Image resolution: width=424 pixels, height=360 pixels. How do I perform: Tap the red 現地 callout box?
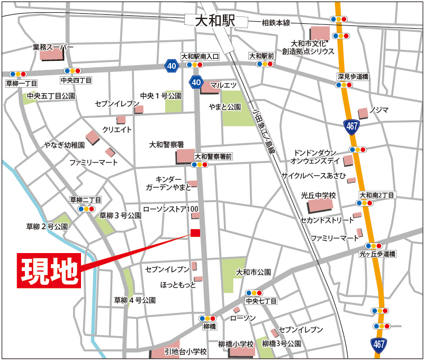coord(50,271)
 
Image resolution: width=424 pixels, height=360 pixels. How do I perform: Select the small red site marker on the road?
coord(195,233)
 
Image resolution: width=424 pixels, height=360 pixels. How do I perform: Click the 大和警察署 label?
coord(166,144)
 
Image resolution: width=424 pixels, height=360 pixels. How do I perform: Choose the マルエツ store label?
coord(223,85)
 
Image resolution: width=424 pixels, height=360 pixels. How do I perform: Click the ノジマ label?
coord(379,110)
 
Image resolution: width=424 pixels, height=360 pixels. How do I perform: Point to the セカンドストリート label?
coord(327,220)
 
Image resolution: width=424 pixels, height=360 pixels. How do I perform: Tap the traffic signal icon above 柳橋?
coord(209,318)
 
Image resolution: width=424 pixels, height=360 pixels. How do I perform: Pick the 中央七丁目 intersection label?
coord(261,301)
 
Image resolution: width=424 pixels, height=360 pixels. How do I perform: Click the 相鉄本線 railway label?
coord(276,23)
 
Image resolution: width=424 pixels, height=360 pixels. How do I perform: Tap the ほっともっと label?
coord(178,285)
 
